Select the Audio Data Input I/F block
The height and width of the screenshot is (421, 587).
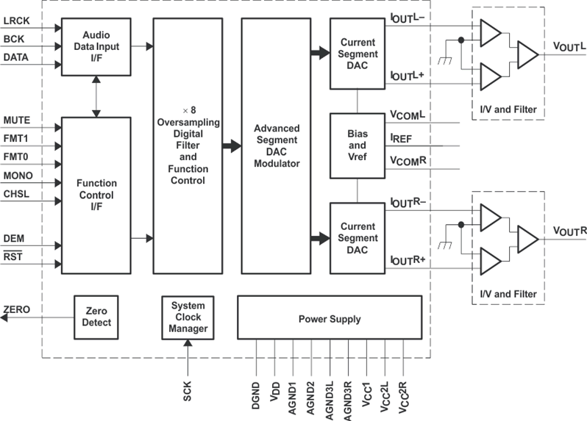(96, 46)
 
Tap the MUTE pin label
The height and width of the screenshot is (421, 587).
(17, 120)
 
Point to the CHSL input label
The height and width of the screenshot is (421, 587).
(16, 194)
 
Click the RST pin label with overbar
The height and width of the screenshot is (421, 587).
(13, 256)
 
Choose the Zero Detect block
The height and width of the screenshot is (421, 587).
(96, 317)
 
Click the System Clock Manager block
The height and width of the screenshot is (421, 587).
(188, 317)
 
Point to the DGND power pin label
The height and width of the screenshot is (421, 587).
(257, 393)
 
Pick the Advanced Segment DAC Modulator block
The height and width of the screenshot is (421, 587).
(276, 145)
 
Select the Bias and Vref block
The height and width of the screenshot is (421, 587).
(357, 145)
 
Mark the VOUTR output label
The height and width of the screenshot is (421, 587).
(564, 231)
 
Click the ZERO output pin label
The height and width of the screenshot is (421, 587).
(17, 310)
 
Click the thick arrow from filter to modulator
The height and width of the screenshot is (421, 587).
(232, 145)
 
